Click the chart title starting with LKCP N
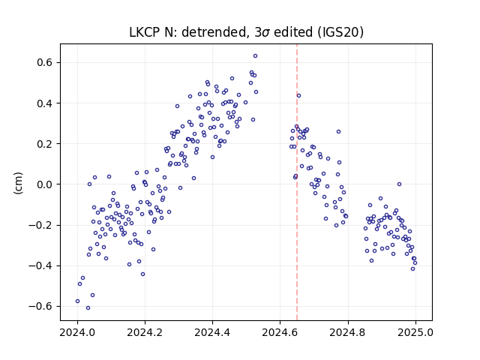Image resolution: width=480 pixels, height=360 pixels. (x=246, y=32)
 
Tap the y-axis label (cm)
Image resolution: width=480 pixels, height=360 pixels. (x=18, y=183)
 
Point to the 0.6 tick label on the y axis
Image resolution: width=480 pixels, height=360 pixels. (x=45, y=62)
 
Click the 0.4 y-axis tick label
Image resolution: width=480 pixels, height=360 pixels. (x=45, y=103)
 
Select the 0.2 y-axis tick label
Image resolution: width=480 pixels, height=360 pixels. (x=45, y=144)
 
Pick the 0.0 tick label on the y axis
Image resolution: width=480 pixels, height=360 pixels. (x=45, y=184)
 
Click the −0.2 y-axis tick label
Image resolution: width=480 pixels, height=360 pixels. (x=41, y=225)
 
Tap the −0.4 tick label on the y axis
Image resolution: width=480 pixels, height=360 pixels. (x=41, y=265)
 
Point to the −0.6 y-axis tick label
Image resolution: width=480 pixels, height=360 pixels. (x=41, y=306)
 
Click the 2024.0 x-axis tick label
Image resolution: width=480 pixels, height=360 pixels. (x=77, y=332)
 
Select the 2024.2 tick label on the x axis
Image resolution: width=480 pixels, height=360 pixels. (x=145, y=332)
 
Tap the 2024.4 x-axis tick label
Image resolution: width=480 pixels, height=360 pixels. (x=212, y=332)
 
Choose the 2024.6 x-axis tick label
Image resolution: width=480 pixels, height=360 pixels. (x=280, y=332)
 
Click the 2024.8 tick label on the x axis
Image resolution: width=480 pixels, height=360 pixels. (x=348, y=332)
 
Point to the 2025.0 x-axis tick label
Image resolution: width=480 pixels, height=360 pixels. (x=415, y=332)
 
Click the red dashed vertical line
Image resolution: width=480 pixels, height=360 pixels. (x=297, y=182)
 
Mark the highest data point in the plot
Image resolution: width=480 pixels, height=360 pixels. (x=255, y=56)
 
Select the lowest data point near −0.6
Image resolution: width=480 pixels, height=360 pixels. (x=88, y=308)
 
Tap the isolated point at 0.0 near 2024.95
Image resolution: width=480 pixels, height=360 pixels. (x=399, y=184)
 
